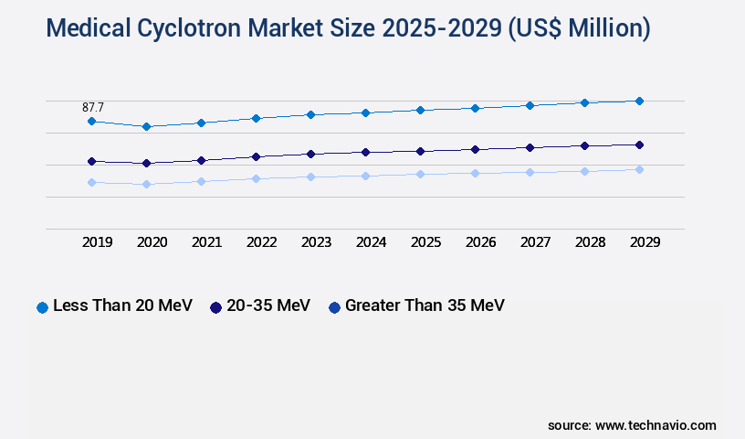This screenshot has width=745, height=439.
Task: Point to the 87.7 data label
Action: point(93,107)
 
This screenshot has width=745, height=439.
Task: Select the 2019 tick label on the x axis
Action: point(97,242)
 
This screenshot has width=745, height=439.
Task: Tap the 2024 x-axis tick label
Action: point(371,242)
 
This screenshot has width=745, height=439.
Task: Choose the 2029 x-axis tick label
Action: point(645,242)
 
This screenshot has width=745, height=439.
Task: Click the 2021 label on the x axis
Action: point(206,242)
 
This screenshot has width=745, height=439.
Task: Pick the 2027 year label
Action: point(535,242)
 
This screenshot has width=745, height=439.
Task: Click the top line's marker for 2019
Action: point(91,121)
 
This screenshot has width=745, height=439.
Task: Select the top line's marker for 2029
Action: point(639,101)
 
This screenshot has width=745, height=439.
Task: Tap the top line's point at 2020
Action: point(146,126)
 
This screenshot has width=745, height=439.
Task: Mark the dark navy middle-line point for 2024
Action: point(365,152)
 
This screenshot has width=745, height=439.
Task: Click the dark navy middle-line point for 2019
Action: point(91,161)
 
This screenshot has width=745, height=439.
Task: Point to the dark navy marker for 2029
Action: point(639,145)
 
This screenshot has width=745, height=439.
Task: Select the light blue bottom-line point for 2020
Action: point(146,184)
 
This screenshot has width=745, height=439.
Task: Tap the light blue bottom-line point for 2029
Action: point(639,169)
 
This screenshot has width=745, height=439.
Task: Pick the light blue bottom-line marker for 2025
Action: point(420,174)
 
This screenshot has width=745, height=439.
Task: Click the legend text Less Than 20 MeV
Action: point(122,305)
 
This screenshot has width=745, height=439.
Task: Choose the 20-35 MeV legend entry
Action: point(268,305)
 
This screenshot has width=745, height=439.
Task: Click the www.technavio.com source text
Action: point(656,425)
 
